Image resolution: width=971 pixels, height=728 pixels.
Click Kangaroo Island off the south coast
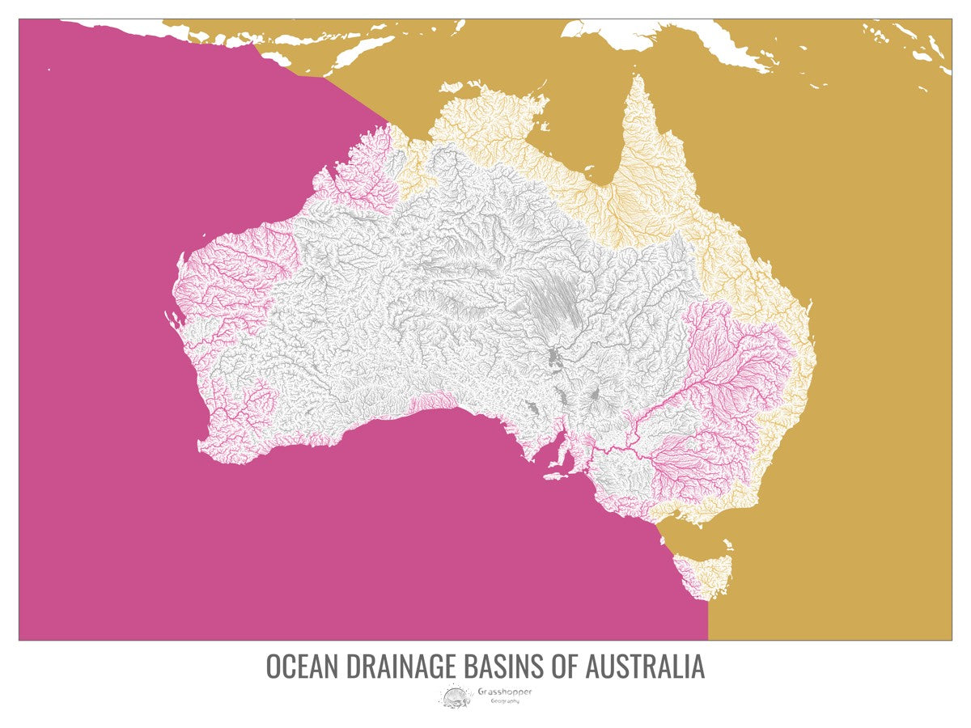(557, 476)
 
